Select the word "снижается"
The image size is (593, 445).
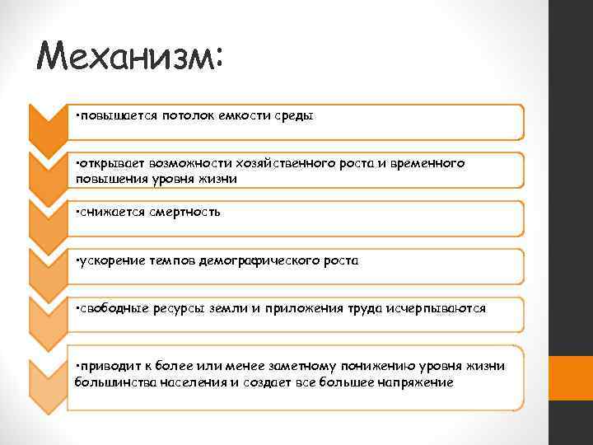pos(109,212)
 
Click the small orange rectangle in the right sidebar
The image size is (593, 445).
pos(571,371)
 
